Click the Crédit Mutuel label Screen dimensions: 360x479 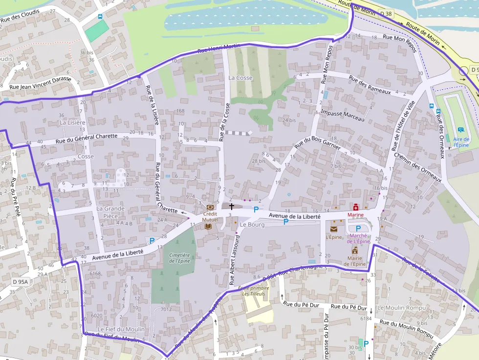click(210, 217)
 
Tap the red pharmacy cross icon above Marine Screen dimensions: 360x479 click(356, 208)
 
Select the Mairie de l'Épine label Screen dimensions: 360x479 click(355, 261)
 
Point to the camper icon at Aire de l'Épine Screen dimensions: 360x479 click(461, 130)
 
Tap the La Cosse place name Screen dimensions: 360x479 click(240, 78)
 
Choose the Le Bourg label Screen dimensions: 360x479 click(252, 225)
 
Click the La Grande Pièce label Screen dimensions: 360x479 click(110, 212)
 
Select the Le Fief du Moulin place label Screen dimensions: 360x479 click(118, 329)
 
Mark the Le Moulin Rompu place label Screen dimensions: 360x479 click(402, 308)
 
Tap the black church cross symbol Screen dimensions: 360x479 click(232, 207)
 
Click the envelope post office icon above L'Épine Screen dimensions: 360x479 click(334, 229)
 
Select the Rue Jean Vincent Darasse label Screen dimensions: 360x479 click(41, 84)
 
